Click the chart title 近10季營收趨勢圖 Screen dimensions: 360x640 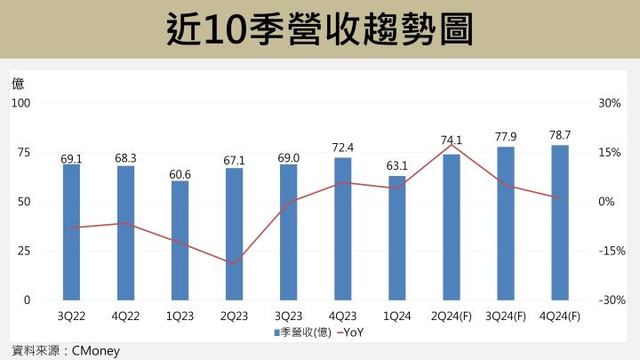(x=319, y=30)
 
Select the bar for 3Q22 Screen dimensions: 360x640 (x=71, y=232)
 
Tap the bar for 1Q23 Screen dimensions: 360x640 (x=180, y=241)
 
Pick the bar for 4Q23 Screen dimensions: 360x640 (x=342, y=228)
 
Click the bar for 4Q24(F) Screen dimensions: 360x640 (x=560, y=222)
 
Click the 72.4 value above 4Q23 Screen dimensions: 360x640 (x=342, y=147)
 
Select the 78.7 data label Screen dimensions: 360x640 (x=560, y=135)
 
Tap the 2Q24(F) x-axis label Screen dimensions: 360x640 (x=452, y=316)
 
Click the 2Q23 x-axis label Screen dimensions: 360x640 (x=234, y=316)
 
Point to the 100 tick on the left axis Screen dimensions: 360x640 (x=20, y=103)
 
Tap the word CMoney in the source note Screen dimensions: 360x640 (x=94, y=350)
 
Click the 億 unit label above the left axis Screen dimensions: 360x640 (x=18, y=84)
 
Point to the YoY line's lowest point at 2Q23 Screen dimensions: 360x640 (x=234, y=264)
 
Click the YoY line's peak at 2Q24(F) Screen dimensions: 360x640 (x=452, y=145)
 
